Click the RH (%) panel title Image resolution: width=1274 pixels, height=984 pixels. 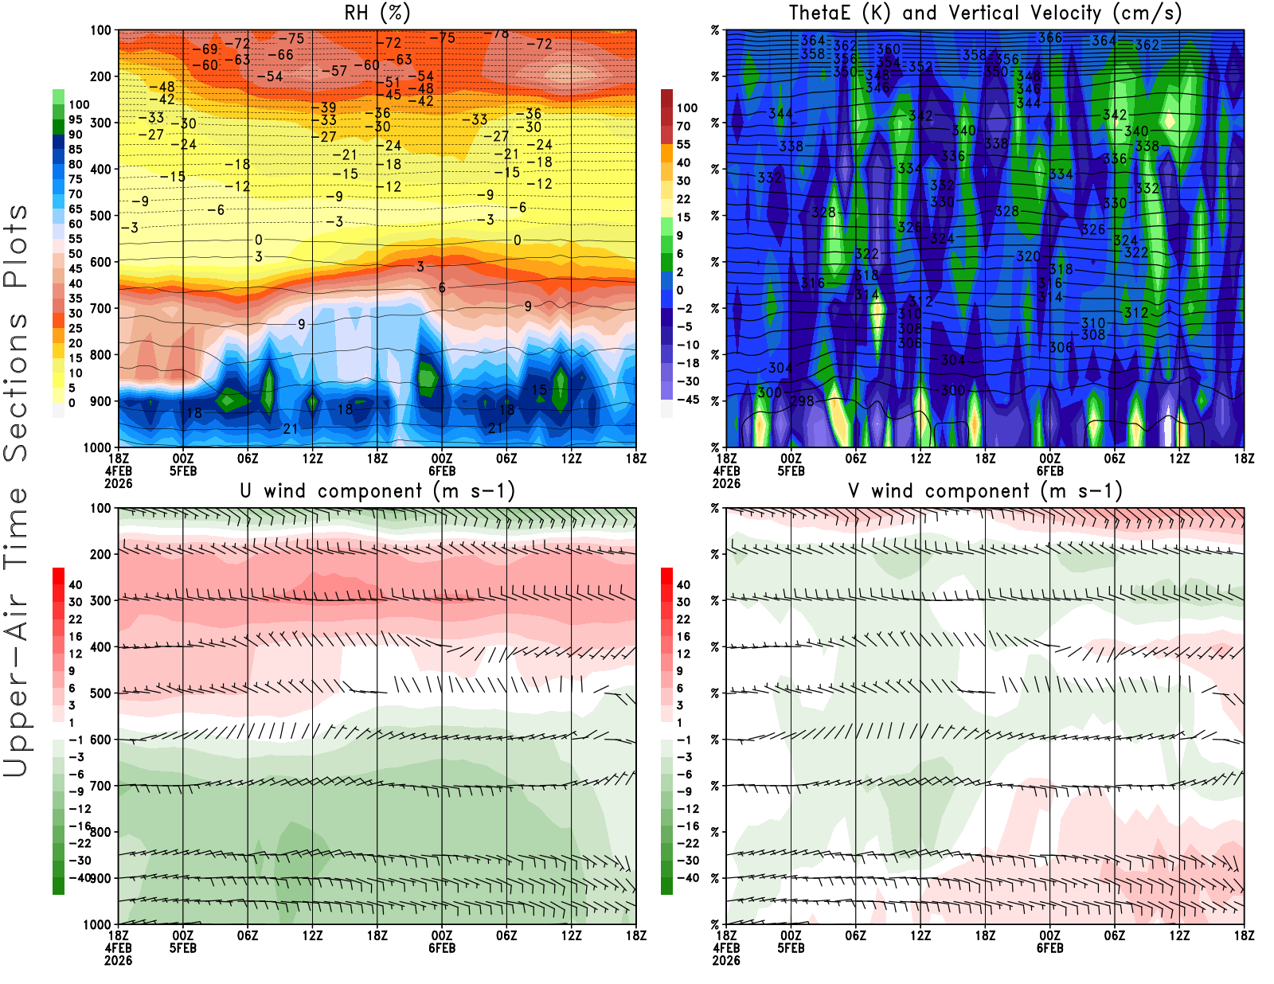(377, 13)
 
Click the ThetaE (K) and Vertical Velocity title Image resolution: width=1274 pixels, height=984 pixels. (985, 13)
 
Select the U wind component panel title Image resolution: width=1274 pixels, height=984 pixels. (377, 490)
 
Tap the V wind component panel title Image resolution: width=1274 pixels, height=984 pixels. (985, 490)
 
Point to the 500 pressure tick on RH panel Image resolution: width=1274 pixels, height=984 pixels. (100, 216)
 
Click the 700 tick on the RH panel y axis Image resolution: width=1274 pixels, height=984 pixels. (100, 308)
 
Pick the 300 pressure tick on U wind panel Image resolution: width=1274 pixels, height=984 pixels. (100, 600)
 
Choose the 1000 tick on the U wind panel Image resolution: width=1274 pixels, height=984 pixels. (97, 924)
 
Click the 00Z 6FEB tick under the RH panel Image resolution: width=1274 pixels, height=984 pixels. (442, 463)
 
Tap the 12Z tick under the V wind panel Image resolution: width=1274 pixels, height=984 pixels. (1179, 935)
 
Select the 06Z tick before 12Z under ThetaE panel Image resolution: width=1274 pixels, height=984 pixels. (855, 459)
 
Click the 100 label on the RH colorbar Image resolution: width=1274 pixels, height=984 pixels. (79, 104)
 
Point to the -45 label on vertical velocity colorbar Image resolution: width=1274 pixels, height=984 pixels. (688, 400)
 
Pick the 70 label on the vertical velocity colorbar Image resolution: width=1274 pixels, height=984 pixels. (683, 126)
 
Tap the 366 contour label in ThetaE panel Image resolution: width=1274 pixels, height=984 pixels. (1049, 37)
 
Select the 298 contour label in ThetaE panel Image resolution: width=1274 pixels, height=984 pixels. (802, 401)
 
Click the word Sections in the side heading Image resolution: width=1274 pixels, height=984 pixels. (16, 386)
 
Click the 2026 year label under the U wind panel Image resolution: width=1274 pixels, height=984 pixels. (118, 960)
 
